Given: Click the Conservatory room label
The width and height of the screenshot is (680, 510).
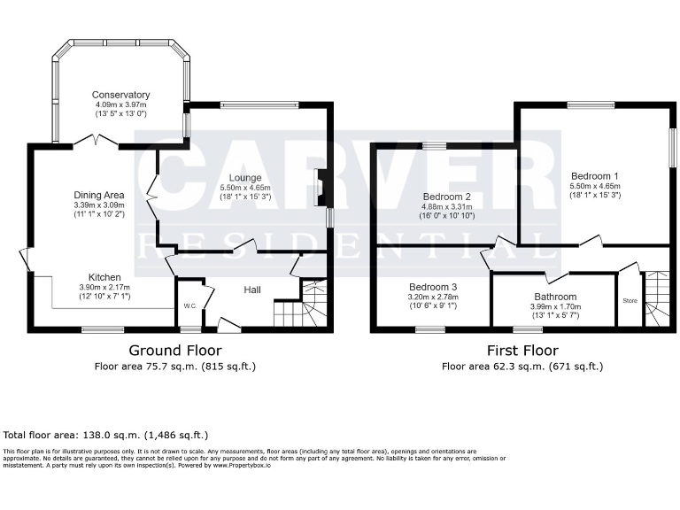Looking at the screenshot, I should click(121, 95).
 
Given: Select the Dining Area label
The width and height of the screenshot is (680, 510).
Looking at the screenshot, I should click(98, 195).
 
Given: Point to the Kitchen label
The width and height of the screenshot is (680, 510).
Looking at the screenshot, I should click(104, 276).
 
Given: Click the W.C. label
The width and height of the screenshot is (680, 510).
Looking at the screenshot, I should click(189, 307).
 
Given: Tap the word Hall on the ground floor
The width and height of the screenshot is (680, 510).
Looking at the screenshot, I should click(252, 290).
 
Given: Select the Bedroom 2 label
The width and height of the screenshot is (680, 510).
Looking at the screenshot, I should click(445, 196).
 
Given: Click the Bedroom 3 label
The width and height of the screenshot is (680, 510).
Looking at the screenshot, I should click(433, 287).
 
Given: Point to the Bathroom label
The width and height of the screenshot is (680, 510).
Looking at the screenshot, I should click(555, 297).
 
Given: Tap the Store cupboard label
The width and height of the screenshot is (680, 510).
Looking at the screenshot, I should click(630, 301).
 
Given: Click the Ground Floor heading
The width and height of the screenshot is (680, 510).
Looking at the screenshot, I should click(175, 351).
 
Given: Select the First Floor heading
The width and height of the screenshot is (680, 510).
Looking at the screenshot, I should click(522, 351).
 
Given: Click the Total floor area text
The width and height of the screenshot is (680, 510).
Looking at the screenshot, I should click(106, 436).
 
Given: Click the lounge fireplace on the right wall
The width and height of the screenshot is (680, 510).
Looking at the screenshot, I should click(320, 188).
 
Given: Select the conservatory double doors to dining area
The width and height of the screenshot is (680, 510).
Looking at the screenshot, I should click(95, 142).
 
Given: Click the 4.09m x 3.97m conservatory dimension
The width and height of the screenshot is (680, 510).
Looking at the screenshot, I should click(121, 104).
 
